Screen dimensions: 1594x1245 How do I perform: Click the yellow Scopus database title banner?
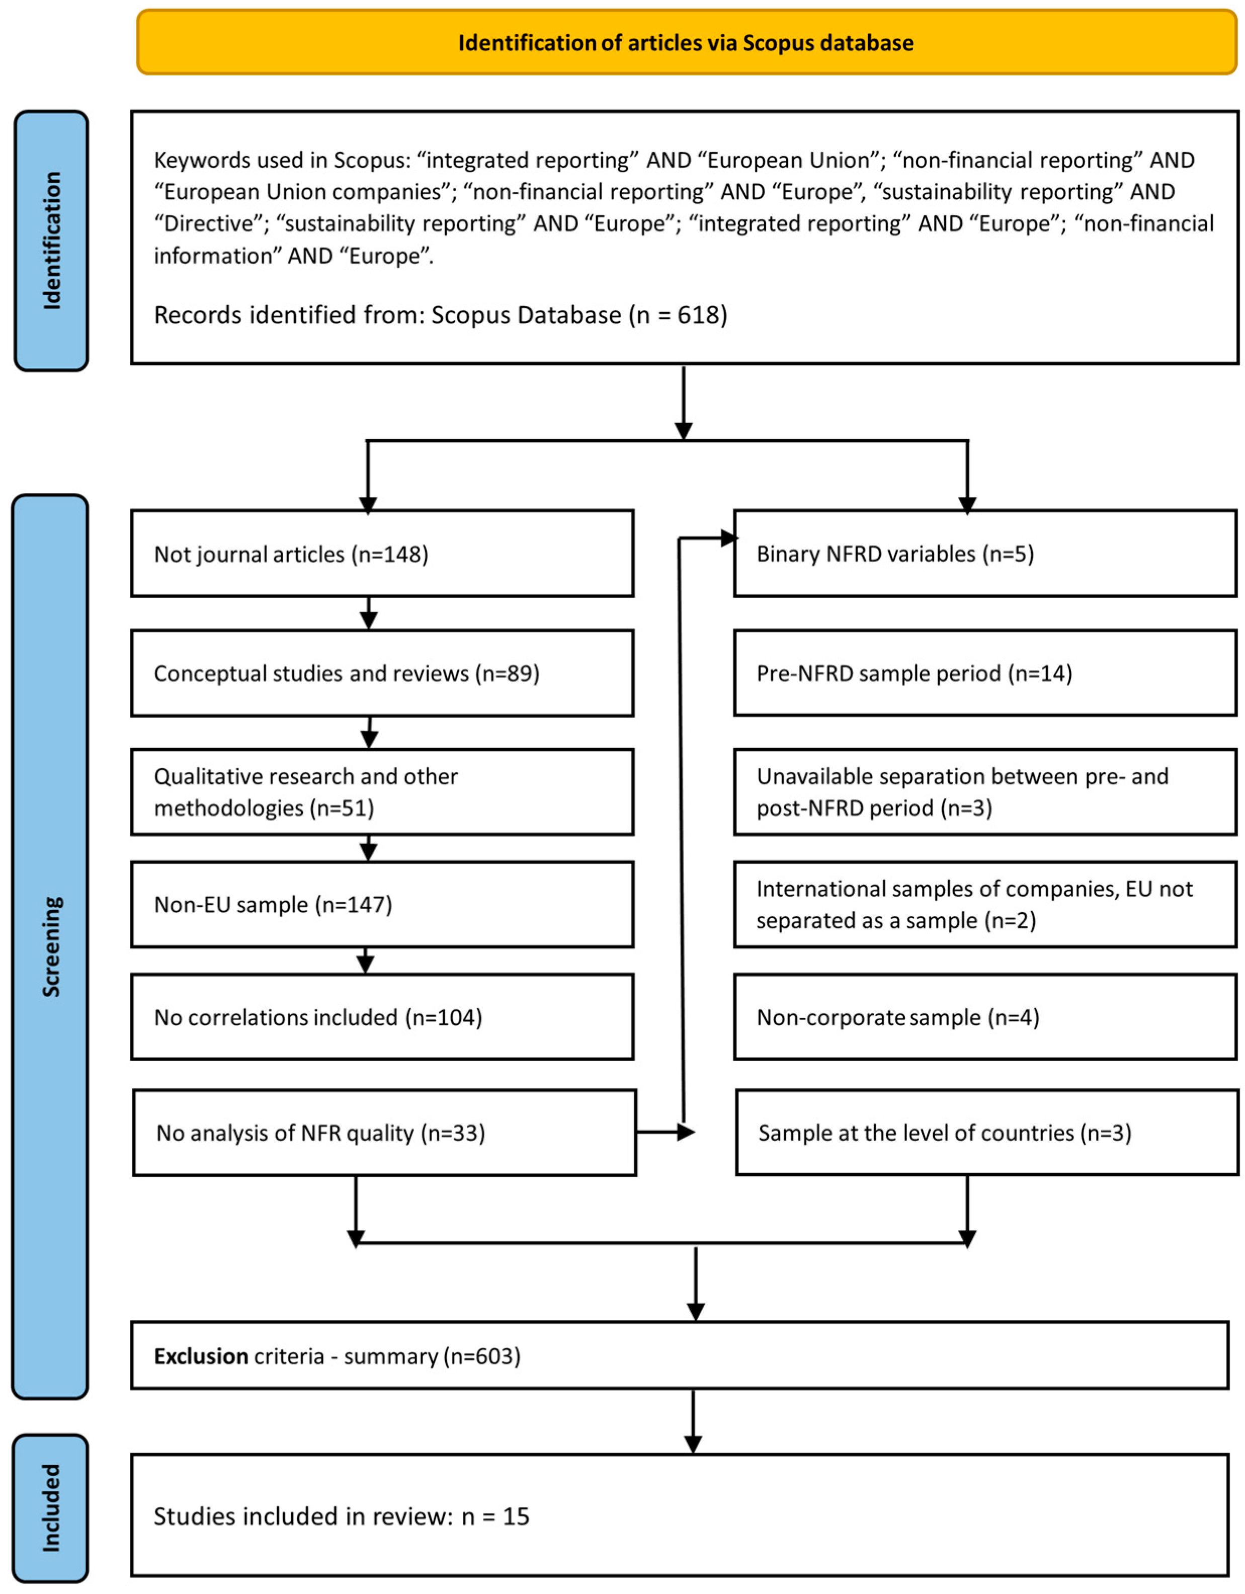[686, 42]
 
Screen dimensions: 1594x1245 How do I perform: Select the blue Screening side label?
[50, 946]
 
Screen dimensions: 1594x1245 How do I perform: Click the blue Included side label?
[50, 1508]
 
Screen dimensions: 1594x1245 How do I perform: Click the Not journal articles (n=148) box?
[382, 554]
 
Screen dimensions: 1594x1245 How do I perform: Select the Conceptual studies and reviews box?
[382, 673]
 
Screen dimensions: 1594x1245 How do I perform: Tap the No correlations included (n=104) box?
[382, 1017]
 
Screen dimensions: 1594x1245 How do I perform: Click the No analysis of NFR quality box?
[384, 1133]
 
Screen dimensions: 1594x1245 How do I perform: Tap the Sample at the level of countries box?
[986, 1133]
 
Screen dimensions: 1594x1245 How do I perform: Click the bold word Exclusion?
[201, 1356]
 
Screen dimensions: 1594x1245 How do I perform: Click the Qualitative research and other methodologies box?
[382, 792]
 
